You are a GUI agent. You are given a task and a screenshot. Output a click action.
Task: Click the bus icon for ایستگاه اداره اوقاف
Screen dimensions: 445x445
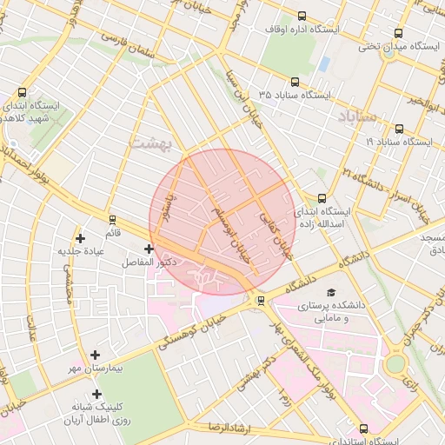[302, 16]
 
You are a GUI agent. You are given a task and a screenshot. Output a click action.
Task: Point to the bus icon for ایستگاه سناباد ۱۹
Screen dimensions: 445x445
[398, 128]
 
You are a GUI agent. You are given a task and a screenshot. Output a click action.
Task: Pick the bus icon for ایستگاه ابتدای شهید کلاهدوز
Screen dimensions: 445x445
[22, 92]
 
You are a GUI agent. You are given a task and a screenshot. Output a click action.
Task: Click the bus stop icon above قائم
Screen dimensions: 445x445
[112, 219]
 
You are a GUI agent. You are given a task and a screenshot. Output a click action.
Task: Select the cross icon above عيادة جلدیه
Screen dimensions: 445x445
[81, 237]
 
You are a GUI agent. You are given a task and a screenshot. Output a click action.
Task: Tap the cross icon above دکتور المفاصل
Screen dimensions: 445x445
[149, 249]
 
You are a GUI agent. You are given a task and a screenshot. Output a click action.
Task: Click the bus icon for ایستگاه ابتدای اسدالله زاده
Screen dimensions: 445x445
[322, 198]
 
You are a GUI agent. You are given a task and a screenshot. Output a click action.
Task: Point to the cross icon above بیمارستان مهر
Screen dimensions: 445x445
[95, 355]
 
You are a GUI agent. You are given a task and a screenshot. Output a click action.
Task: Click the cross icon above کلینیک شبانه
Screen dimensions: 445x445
[96, 394]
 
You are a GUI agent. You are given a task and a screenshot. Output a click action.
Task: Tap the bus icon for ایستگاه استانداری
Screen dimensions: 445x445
[362, 428]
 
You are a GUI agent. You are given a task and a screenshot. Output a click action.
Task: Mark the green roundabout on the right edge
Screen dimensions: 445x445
[396, 363]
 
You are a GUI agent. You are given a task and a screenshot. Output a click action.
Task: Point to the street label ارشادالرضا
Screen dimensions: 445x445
[229, 427]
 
